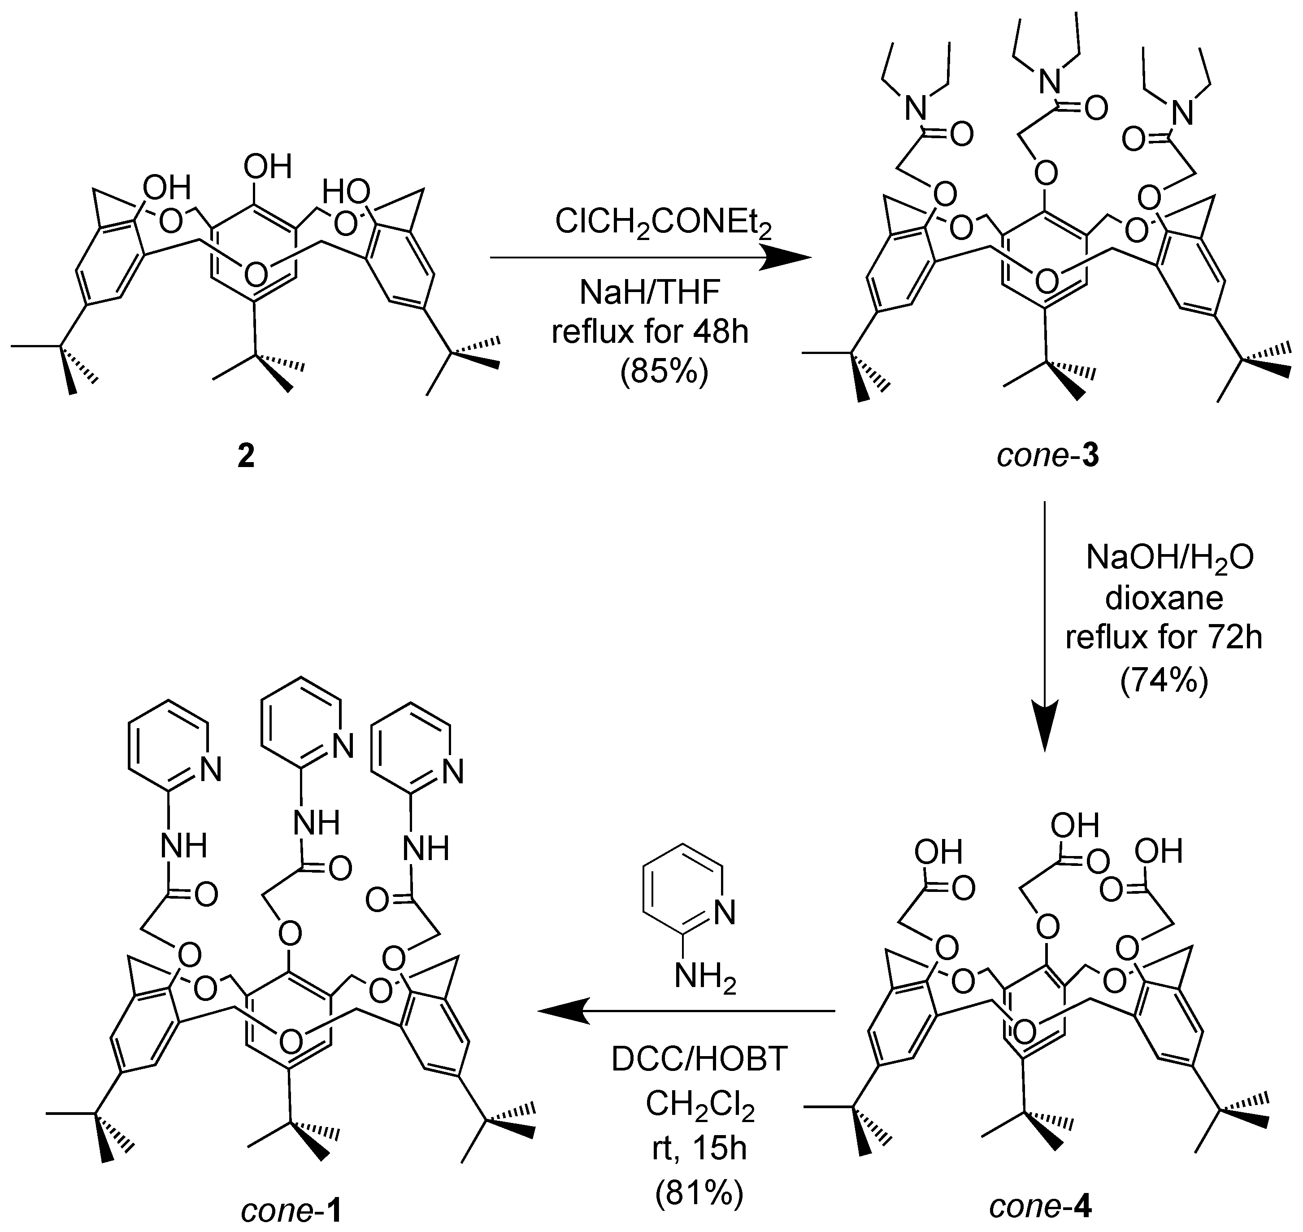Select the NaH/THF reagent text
(650, 293)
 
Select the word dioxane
(1164, 598)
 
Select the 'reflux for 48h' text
(650, 332)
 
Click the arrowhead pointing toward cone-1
(562, 1012)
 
